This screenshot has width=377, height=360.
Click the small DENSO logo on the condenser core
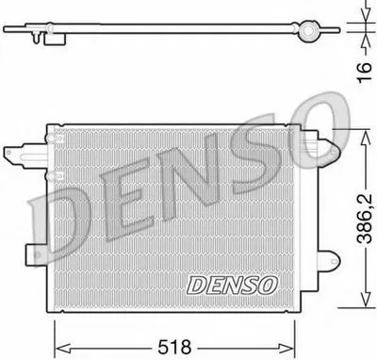(x=235, y=282)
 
